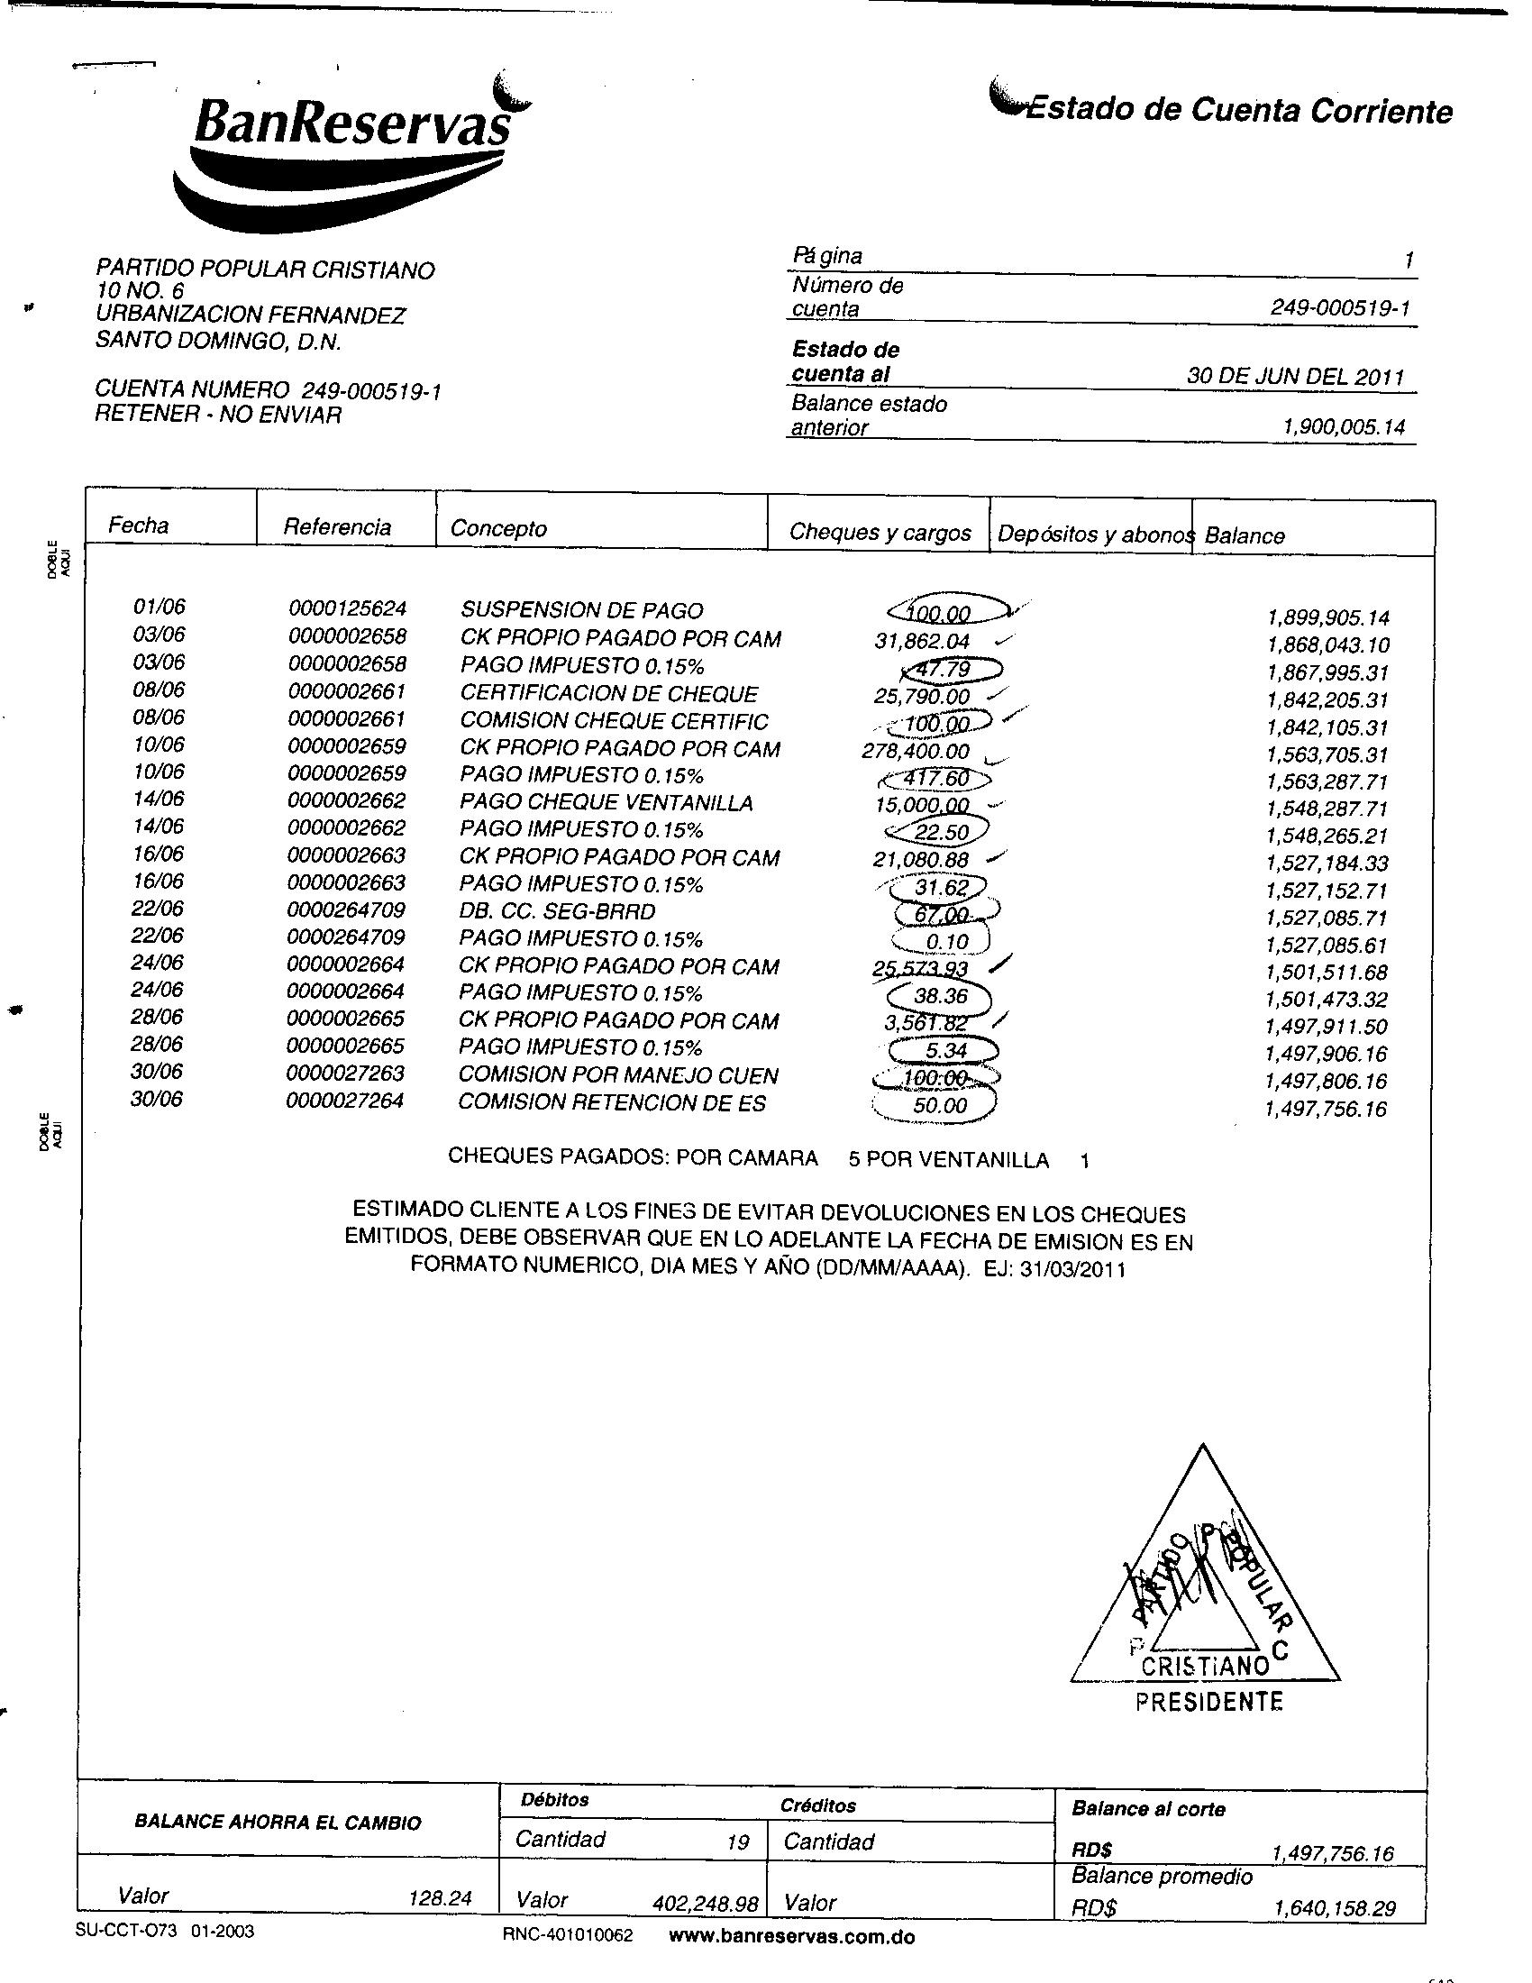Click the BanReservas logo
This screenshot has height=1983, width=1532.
(350, 150)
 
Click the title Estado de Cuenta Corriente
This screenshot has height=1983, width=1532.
(1235, 111)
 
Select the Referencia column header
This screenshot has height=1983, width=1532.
(337, 526)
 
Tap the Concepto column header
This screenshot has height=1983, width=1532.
(498, 528)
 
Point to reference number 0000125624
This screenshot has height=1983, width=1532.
(348, 608)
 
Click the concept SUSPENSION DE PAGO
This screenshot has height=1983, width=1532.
(582, 610)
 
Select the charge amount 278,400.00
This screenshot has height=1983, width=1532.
(916, 752)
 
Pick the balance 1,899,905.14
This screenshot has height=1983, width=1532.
(1327, 618)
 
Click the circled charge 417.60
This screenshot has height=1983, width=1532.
(936, 779)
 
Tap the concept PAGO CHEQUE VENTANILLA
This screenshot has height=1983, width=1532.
(606, 802)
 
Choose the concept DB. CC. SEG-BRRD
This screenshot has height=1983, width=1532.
(557, 911)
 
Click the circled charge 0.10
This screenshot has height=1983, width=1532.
(946, 943)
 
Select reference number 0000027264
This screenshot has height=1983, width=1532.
(345, 1101)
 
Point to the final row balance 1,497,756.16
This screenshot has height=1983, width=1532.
(1326, 1109)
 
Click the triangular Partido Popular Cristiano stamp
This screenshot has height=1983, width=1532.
(1205, 1580)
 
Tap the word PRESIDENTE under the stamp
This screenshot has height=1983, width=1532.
(1208, 1702)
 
